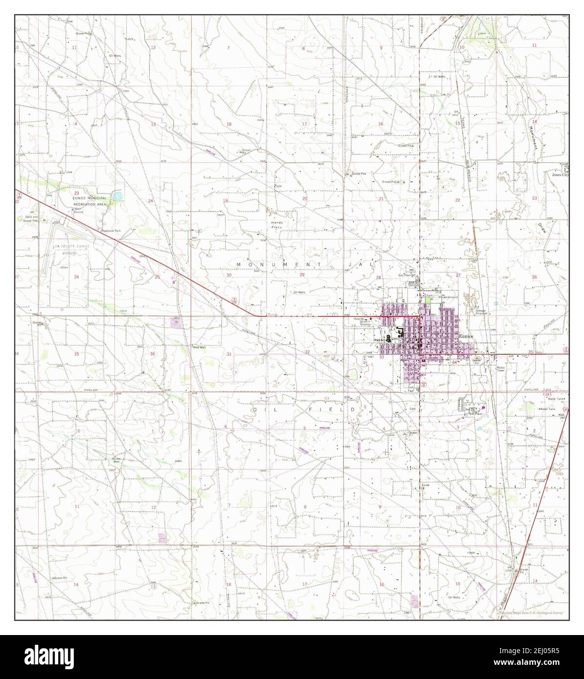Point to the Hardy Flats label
tap(277, 225)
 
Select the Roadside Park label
tap(111, 229)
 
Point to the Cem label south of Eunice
tap(412, 409)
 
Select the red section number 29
tap(302, 275)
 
